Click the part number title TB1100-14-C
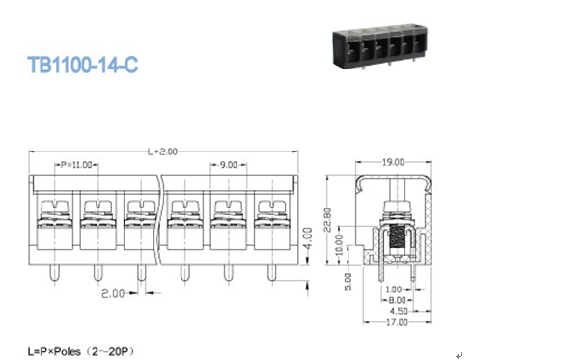(83, 65)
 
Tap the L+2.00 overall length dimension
(162, 152)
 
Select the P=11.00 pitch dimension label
(76, 165)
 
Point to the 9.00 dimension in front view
(228, 165)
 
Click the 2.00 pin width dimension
(113, 293)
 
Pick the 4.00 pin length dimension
(307, 238)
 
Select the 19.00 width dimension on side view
(393, 163)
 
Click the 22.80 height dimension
(327, 220)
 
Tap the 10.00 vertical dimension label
(339, 245)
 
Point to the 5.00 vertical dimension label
(348, 281)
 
